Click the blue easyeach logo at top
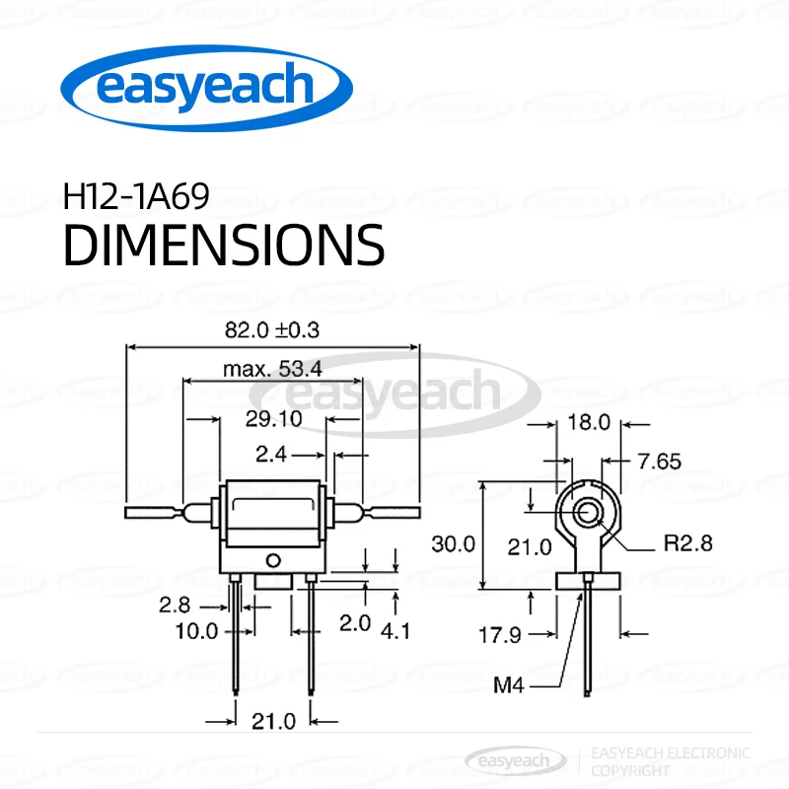click(x=206, y=88)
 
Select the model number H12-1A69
click(x=136, y=196)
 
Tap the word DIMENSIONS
click(x=224, y=245)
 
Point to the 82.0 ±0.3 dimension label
click(x=272, y=330)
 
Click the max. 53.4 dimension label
click(x=272, y=369)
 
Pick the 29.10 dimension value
click(x=273, y=418)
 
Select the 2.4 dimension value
click(x=271, y=455)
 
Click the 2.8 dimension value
click(x=175, y=605)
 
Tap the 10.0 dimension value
click(x=196, y=631)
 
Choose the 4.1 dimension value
click(x=395, y=631)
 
